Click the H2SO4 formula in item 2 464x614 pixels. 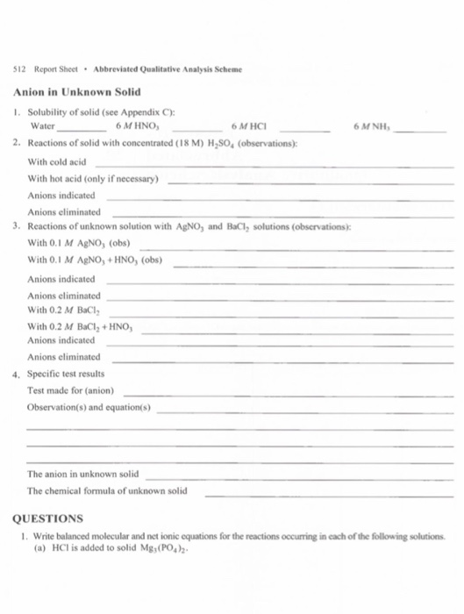(198, 142)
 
